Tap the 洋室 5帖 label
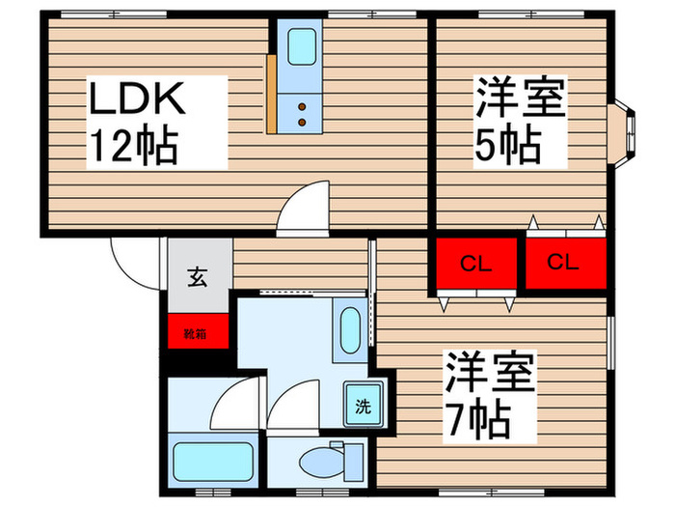[x=520, y=122]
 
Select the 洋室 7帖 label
[x=490, y=397]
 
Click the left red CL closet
[x=476, y=263]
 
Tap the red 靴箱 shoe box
[x=198, y=331]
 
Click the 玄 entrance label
[x=198, y=277]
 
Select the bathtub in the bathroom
[x=213, y=462]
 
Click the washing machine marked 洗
[x=364, y=405]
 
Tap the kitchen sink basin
[x=301, y=46]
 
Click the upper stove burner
[x=302, y=106]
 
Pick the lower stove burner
[x=302, y=123]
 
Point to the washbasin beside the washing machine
[x=349, y=330]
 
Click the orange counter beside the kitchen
[x=272, y=94]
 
